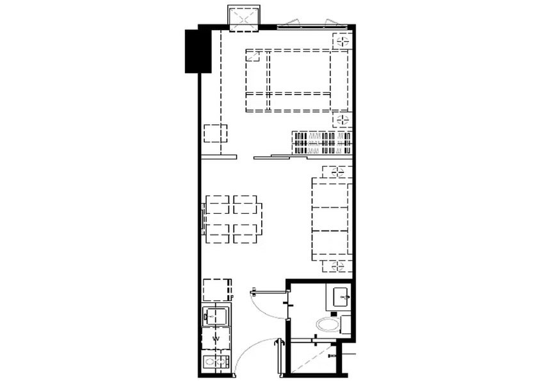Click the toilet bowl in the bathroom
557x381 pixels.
[x=328, y=325]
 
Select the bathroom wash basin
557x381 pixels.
[x=342, y=296]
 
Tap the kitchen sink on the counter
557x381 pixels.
[x=214, y=316]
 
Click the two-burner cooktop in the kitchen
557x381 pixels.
[x=215, y=362]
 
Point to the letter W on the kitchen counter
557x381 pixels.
[x=215, y=339]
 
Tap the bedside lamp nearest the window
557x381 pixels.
[x=343, y=41]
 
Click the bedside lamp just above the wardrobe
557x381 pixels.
[x=343, y=120]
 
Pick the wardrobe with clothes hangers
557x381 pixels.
[x=322, y=143]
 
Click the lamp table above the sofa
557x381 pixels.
[x=337, y=172]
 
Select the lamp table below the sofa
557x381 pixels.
[x=337, y=266]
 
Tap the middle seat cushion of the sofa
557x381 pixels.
[x=330, y=219]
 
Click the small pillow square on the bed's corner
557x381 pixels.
[x=253, y=56]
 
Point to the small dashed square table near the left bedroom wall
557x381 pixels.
[x=216, y=133]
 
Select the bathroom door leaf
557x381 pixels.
[x=269, y=293]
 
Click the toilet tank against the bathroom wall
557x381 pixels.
[x=346, y=324]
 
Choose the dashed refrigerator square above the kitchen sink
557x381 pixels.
[x=216, y=290]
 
